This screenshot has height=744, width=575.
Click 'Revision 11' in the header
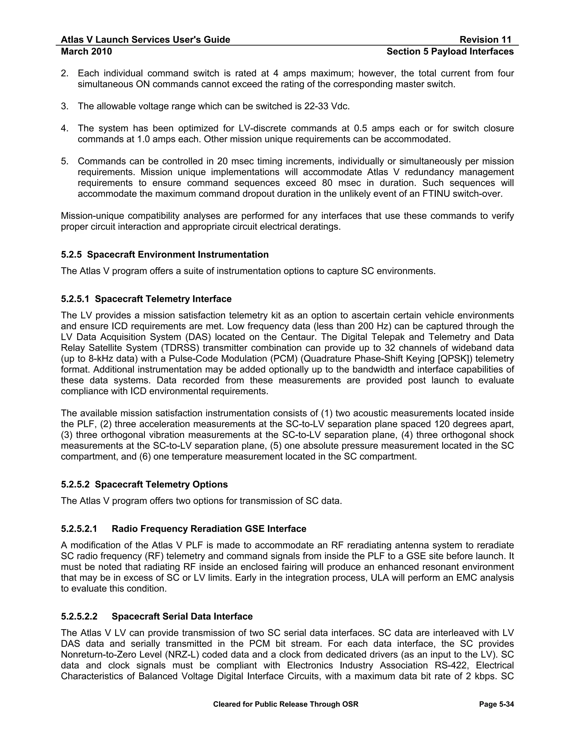[x=485, y=40]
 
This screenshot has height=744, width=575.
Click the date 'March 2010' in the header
[x=86, y=51]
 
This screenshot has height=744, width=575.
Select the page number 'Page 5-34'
[x=496, y=704]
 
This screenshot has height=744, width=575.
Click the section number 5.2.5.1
[x=75, y=299]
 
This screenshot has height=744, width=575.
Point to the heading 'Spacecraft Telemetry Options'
[x=161, y=484]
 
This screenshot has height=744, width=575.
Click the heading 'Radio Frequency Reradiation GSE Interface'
[x=209, y=528]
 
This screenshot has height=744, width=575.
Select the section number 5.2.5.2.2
[x=79, y=616]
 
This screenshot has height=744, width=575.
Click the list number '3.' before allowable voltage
[x=65, y=106]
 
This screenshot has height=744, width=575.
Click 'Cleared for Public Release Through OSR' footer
[x=286, y=704]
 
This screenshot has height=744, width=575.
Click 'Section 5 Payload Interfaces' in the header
[x=450, y=51]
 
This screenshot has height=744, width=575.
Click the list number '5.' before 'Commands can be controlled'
[x=65, y=161]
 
